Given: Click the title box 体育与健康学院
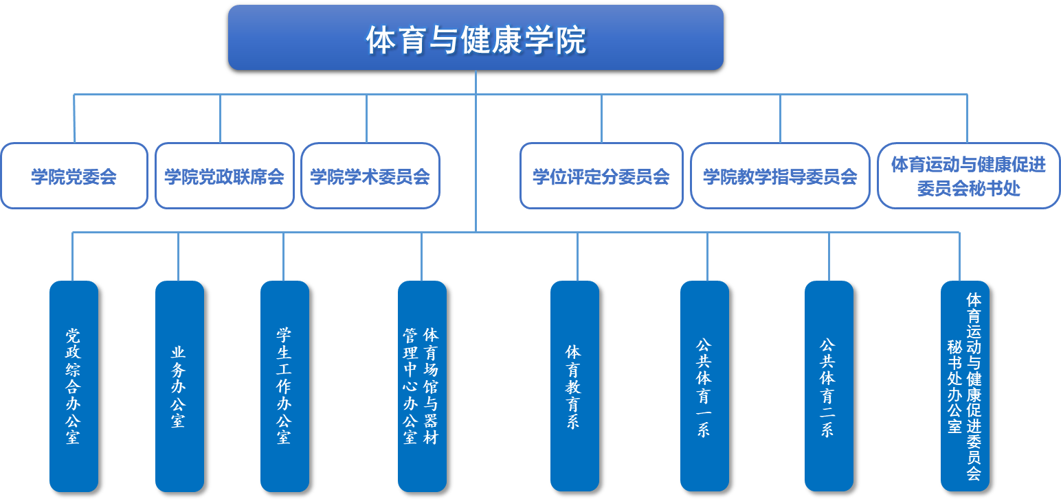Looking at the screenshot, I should [476, 38].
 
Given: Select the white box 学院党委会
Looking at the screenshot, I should [74, 176].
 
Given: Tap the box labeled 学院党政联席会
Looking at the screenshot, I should [225, 176].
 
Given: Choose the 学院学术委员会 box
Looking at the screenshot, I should [370, 176].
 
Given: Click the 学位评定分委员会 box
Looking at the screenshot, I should [601, 176].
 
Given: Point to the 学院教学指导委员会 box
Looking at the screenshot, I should [780, 176].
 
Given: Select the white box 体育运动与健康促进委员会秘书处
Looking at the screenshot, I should [968, 176].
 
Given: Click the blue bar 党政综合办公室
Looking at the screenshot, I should [74, 386].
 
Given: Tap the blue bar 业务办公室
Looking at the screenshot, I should [179, 386].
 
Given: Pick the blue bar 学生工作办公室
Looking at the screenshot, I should [284, 386].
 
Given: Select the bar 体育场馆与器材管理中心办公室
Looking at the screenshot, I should [422, 386].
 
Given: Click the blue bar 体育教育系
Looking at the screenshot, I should [574, 386].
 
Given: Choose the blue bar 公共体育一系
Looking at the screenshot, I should [704, 386].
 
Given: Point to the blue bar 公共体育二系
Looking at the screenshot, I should [829, 386].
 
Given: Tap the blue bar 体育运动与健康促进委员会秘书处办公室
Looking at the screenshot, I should [965, 386].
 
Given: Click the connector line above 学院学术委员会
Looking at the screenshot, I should [367, 118].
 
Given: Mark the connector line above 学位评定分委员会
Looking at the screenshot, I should [602, 118].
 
